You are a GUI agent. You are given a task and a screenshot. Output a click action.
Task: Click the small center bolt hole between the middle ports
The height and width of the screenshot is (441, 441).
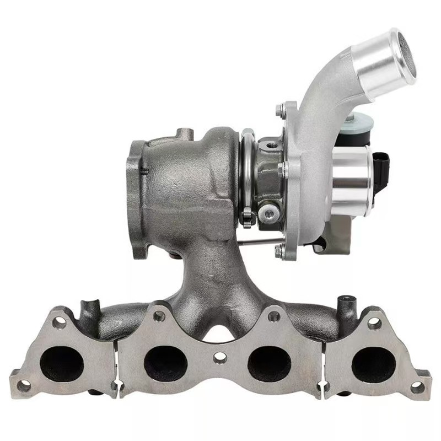(x=219, y=358)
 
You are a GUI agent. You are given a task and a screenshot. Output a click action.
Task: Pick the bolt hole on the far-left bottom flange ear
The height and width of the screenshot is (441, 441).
(x=24, y=386)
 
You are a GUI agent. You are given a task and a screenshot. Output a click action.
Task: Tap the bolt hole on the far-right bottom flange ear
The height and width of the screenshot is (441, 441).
(x=417, y=388)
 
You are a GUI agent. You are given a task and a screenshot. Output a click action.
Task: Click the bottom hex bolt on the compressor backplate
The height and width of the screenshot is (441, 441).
(x=279, y=251)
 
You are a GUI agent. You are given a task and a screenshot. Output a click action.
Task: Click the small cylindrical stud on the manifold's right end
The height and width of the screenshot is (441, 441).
(x=346, y=303)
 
